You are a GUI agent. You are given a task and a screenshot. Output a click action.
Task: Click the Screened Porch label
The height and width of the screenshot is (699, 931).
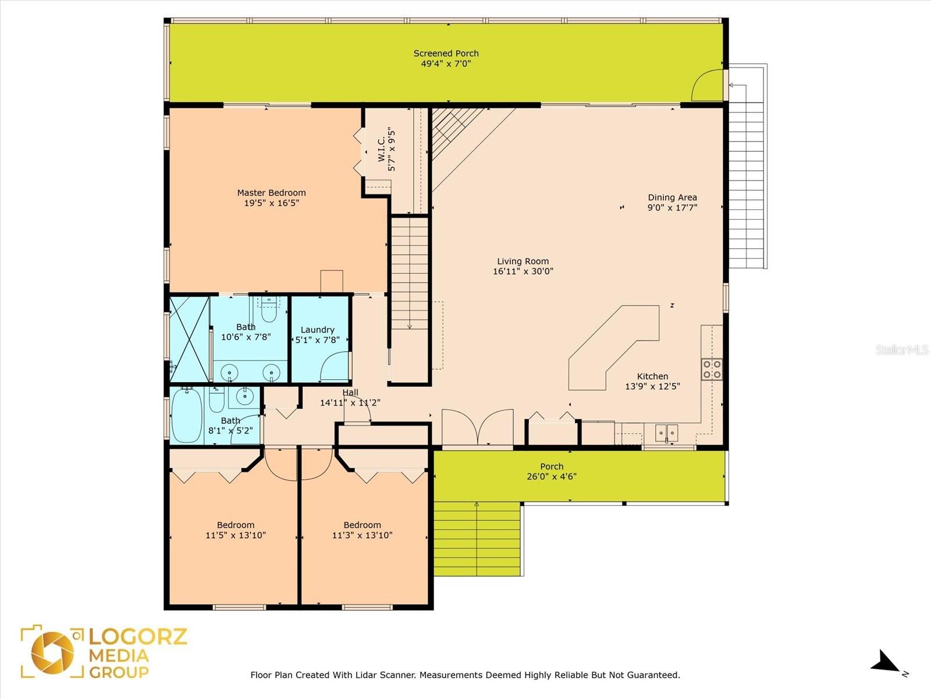(446, 54)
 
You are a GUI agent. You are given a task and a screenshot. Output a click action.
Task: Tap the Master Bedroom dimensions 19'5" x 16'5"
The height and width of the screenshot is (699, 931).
(271, 203)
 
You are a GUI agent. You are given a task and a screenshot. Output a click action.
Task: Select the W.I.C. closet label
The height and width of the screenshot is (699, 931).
(382, 150)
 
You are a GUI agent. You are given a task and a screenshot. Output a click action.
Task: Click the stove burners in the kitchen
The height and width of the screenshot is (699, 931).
(712, 369)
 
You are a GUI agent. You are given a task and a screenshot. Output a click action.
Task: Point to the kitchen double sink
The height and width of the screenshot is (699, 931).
(667, 432)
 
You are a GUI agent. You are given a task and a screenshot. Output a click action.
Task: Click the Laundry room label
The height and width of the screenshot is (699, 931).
(317, 330)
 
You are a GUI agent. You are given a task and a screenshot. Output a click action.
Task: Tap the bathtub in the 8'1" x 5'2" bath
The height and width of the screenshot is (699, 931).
(187, 415)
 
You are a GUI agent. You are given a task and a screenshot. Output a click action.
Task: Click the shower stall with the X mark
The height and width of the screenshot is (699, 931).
(189, 338)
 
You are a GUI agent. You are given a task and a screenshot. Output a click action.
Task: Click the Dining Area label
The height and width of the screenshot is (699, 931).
(672, 197)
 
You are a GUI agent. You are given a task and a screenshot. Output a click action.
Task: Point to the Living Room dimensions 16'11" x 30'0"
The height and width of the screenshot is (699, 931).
(523, 271)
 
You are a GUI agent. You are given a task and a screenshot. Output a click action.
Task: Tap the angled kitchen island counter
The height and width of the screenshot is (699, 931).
(611, 349)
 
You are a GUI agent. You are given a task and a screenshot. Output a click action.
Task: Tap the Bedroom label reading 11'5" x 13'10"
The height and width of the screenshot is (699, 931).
(236, 530)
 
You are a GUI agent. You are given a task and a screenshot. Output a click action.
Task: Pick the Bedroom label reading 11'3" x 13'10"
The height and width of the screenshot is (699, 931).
(362, 530)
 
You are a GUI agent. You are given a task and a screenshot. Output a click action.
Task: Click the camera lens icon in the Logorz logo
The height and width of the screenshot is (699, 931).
(52, 652)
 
